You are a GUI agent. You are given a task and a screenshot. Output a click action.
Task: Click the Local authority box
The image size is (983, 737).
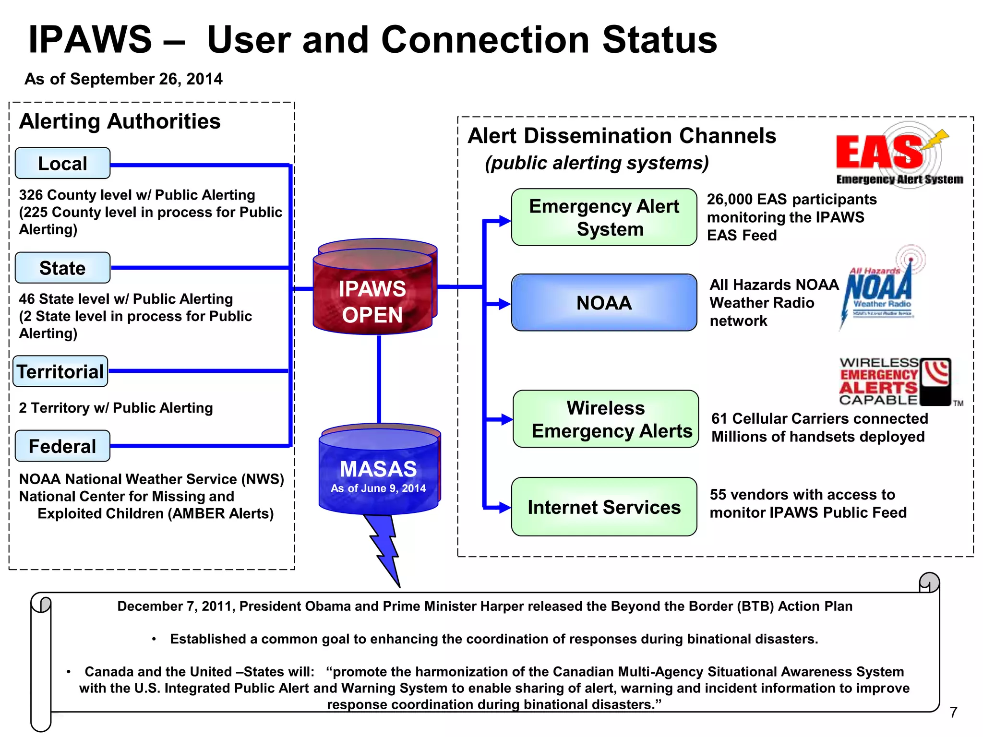(62, 164)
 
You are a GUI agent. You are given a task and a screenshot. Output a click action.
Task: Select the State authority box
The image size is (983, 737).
(62, 268)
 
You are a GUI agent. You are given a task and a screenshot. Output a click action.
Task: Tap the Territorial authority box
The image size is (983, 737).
(60, 371)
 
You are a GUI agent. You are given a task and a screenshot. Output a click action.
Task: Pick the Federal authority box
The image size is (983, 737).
(62, 446)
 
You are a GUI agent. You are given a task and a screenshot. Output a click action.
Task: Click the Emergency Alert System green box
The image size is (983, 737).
(604, 217)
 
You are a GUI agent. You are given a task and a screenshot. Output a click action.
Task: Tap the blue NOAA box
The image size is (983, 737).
(604, 303)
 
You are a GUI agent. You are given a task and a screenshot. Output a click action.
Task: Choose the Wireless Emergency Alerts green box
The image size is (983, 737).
(606, 419)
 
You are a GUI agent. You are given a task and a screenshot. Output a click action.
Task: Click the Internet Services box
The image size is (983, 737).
(604, 507)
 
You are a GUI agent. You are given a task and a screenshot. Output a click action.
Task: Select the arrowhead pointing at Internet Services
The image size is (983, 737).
(504, 507)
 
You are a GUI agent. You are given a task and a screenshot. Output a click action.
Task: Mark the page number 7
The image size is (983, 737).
(953, 713)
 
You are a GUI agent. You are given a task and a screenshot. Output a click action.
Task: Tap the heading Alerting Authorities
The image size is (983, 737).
(120, 121)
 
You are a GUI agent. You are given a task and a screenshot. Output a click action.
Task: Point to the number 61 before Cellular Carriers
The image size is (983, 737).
(719, 419)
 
